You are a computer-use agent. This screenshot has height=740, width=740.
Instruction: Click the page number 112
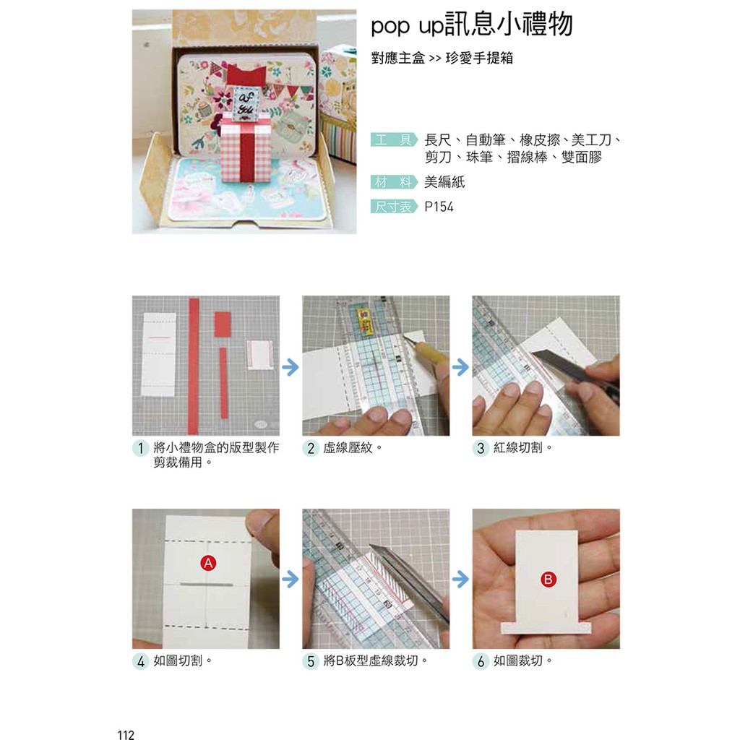(x=126, y=734)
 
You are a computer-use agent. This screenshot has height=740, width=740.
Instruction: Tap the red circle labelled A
(x=208, y=563)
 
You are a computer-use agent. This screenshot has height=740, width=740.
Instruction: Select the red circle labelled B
(x=548, y=579)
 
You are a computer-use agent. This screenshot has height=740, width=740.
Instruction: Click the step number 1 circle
(x=141, y=448)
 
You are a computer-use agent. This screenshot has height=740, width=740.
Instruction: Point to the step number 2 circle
(x=311, y=448)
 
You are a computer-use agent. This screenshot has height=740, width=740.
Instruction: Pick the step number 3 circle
(x=481, y=448)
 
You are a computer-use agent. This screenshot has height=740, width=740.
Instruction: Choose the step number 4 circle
(x=141, y=661)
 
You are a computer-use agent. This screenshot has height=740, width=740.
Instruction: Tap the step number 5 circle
(x=311, y=661)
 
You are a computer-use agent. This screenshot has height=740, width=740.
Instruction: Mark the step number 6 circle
(x=481, y=661)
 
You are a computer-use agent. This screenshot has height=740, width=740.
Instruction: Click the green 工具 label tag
(x=394, y=139)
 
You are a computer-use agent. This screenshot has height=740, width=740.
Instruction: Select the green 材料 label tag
(x=394, y=181)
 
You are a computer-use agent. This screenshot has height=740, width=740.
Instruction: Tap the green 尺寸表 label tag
(x=394, y=207)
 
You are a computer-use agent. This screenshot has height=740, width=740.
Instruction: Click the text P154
(x=439, y=207)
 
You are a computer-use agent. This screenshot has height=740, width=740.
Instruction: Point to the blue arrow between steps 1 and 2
(x=291, y=366)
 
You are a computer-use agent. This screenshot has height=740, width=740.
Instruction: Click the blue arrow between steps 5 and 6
(x=460, y=579)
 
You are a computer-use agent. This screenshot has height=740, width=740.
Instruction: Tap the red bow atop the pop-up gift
(x=246, y=76)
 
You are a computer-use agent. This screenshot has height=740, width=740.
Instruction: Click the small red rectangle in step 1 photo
(x=223, y=324)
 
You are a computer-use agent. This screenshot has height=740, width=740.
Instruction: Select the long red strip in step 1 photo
(x=194, y=366)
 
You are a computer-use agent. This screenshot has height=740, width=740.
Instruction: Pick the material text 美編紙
(x=444, y=181)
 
